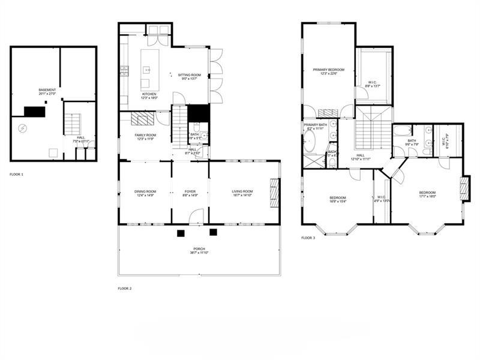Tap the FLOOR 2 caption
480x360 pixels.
(x=124, y=288)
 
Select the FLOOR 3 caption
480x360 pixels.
(x=307, y=238)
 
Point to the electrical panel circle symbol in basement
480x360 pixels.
(x=22, y=128)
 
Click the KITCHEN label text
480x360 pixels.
(x=149, y=95)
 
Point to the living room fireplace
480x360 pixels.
(x=275, y=193)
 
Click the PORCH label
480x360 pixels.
(x=199, y=250)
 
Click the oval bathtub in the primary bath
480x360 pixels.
(x=310, y=142)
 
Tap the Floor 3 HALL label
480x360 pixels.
(x=361, y=157)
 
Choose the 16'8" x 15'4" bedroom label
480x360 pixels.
(x=337, y=199)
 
